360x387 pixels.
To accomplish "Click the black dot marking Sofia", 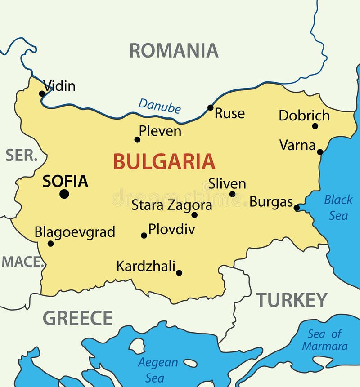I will pos(64,194).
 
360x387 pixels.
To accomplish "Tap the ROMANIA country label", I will pos(174,50).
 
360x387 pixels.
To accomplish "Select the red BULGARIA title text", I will pos(164,161).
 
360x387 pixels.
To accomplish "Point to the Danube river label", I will pos(159,106).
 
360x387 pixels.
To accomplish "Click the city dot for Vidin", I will pos(42,93).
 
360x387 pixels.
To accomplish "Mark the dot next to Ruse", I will pos(210,107).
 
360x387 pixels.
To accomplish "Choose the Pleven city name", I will pos(160,131).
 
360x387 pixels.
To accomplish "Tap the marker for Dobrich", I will pos(315,126).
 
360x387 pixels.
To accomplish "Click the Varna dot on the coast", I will pos(320,152).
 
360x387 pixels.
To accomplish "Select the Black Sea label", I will pos(338,207).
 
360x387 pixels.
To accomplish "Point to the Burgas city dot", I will pos(297,208).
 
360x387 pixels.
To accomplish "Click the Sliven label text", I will pos(227,183).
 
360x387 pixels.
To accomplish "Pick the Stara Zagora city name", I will pos(171,205).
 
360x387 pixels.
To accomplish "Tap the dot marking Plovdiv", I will pos(144,235).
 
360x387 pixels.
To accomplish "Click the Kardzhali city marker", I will pos(179,272).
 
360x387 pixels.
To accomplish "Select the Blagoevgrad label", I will pos(75,232).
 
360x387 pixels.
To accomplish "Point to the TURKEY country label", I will pos(292,300).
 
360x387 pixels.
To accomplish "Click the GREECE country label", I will pos(77,318).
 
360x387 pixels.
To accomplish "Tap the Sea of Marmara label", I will pos(324,340).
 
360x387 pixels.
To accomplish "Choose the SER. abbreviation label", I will pos(21,155).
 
